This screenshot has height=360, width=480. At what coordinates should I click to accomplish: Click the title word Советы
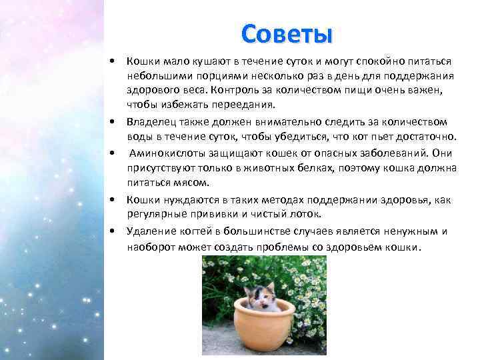click(x=287, y=32)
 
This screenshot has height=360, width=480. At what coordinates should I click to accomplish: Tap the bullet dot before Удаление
click(x=115, y=231)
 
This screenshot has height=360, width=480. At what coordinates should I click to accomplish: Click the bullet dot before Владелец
click(x=115, y=122)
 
